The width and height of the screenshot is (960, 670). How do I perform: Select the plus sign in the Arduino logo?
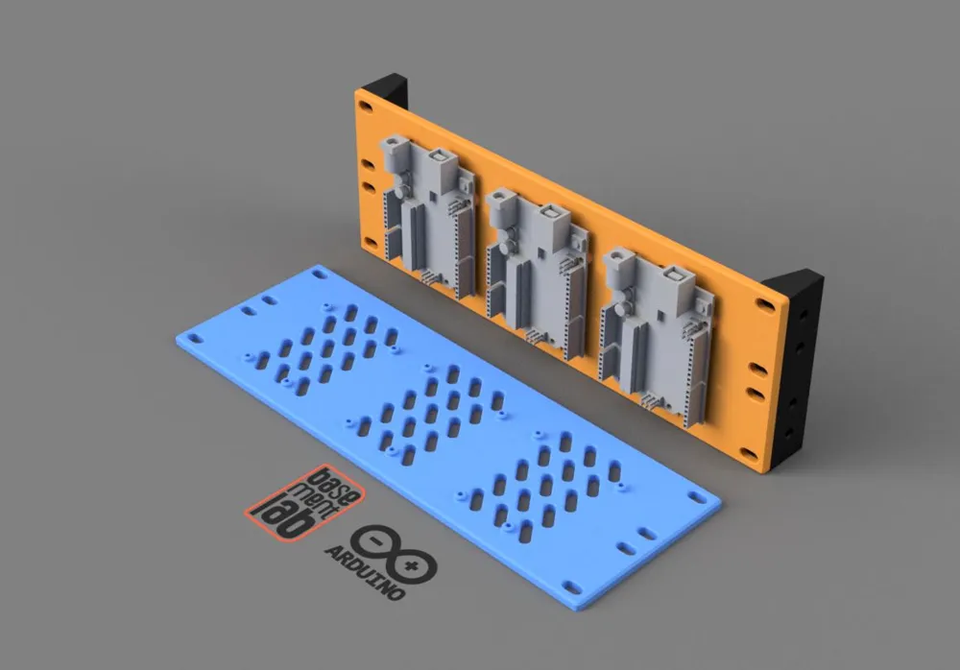414,567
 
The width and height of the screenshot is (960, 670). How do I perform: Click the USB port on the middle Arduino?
551,216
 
